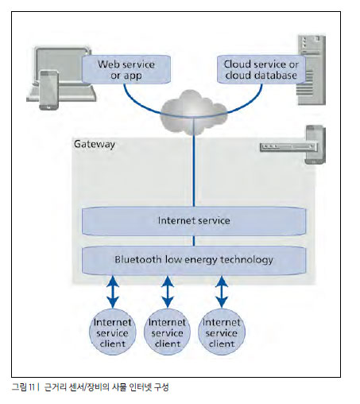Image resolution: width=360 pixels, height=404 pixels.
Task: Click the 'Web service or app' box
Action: [126, 69]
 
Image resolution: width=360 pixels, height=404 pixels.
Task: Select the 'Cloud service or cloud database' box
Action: [261, 69]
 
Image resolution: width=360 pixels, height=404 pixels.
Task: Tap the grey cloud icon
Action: [194, 112]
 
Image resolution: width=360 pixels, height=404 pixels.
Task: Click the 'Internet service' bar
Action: [194, 221]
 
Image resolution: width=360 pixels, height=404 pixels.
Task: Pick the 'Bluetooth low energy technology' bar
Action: [194, 260]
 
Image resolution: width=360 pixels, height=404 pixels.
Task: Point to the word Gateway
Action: [95, 145]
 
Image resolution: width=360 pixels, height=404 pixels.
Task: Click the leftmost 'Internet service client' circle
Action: [113, 332]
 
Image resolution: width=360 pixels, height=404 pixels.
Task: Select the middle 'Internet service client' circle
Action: [167, 332]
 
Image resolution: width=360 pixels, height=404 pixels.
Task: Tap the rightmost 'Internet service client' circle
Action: [222, 332]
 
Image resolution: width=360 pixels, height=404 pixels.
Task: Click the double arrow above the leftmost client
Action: [113, 292]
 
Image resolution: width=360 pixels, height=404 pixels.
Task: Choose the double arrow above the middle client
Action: [168, 292]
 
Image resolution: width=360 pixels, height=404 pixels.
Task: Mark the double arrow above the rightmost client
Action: [222, 292]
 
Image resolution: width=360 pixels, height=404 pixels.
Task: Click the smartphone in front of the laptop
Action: [48, 90]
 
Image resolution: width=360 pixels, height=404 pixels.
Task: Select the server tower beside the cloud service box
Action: [312, 70]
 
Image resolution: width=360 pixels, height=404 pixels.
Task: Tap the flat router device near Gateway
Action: [288, 147]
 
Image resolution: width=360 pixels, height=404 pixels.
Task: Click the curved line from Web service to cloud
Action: [141, 106]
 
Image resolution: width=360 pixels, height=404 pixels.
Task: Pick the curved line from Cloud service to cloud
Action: [246, 106]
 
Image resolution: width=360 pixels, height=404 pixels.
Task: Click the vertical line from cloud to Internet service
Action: [194, 162]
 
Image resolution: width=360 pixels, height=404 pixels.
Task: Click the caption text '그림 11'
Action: [23, 387]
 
